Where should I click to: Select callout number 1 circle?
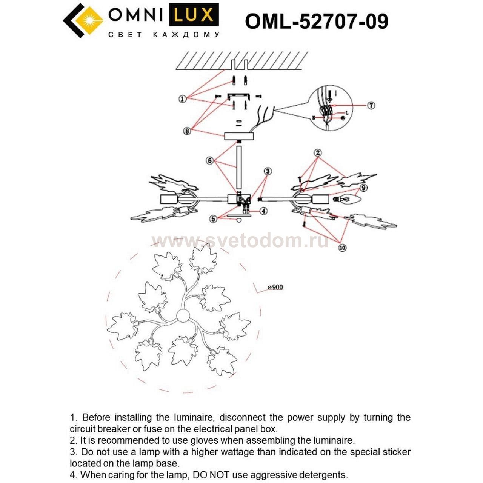183,99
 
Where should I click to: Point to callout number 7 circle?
371,105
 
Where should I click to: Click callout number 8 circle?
187,131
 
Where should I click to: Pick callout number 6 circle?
210,161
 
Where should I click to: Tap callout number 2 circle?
318,153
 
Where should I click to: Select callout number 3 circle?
268,171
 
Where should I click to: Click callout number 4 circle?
263,211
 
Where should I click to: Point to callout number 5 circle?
214,218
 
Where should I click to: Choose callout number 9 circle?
363,188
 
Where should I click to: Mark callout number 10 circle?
342,248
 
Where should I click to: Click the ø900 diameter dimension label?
275,287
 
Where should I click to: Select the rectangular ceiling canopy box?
239,136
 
